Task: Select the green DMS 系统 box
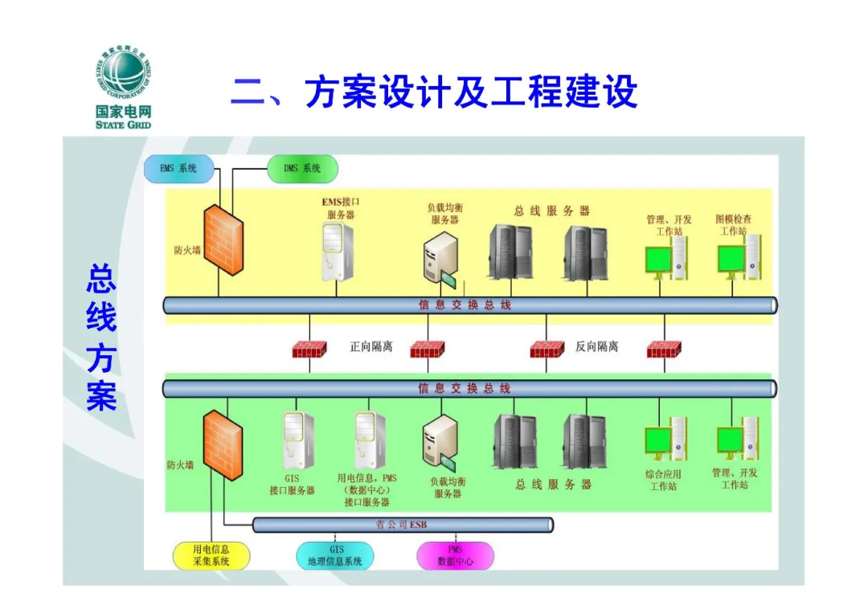click(302, 169)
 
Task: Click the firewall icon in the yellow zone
click(223, 239)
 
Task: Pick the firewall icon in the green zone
click(223, 444)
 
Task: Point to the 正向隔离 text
click(371, 347)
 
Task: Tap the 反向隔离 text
click(597, 347)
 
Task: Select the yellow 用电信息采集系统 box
click(211, 555)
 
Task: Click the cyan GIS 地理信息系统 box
click(335, 555)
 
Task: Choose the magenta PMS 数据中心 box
click(456, 555)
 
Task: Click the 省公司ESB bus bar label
click(402, 525)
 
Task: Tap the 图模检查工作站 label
click(734, 225)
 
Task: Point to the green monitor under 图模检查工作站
click(731, 260)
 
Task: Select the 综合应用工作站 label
click(663, 480)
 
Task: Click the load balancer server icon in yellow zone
click(441, 257)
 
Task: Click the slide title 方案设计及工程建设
click(434, 92)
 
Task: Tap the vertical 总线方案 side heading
click(101, 338)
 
